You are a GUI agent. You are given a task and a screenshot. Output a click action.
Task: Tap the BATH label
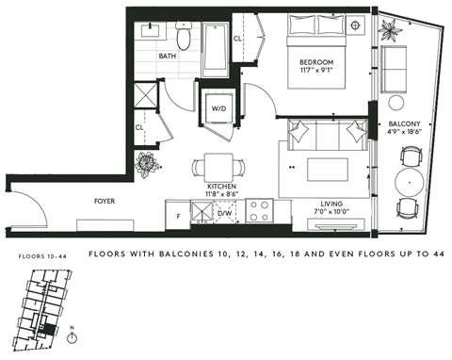click(167, 57)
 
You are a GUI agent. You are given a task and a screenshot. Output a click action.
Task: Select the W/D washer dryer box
click(218, 109)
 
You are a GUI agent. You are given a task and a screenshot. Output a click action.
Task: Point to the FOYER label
click(104, 201)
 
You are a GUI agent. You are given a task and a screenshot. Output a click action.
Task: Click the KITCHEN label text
click(221, 187)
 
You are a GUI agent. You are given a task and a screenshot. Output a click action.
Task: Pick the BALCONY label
click(404, 123)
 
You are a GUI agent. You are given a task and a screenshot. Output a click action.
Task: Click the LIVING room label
click(331, 203)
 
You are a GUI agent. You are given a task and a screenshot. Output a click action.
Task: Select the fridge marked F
click(178, 216)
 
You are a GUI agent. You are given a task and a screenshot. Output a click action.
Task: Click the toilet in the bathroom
click(185, 38)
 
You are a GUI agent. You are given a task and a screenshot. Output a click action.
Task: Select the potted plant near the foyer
click(146, 164)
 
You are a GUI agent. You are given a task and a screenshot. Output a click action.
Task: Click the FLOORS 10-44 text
click(42, 256)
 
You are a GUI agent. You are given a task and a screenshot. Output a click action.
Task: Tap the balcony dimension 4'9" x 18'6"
click(404, 133)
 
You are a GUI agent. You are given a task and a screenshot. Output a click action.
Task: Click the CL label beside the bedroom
click(238, 39)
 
